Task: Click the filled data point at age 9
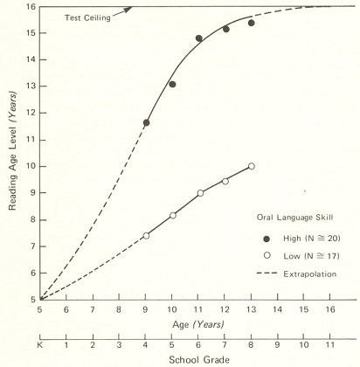coord(146,122)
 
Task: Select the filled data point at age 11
coord(199,38)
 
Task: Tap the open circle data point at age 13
coord(252,166)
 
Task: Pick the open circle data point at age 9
coord(146,235)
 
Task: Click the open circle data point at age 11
coord(200,193)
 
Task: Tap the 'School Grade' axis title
coord(197,358)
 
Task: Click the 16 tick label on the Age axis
coord(330,308)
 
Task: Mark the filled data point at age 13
coord(252,23)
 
